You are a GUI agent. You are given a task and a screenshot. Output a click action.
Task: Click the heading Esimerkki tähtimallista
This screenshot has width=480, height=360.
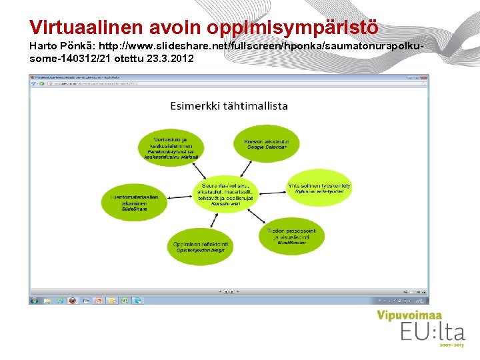(x=229, y=105)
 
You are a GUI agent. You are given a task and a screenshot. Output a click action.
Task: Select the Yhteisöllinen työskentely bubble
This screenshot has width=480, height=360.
(x=319, y=188)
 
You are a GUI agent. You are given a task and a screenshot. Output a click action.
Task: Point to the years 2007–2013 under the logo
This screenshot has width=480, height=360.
(x=451, y=345)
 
